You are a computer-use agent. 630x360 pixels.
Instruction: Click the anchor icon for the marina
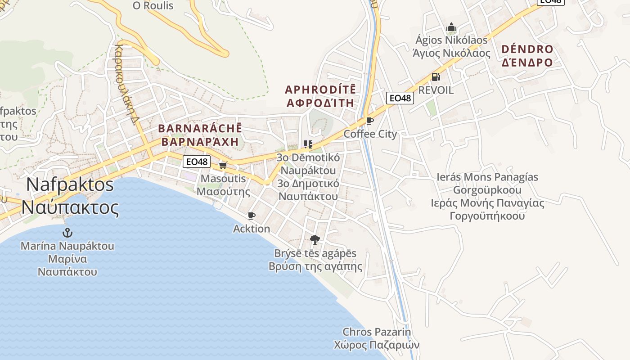67,233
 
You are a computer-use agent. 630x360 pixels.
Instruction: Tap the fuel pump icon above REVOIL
435,77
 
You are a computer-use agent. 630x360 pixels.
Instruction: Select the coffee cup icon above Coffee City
370,121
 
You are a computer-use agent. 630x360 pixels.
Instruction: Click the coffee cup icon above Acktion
252,216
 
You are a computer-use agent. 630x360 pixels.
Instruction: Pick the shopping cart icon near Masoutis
223,165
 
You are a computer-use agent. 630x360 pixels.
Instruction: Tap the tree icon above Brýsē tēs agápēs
315,239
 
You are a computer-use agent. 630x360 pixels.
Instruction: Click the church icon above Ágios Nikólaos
451,27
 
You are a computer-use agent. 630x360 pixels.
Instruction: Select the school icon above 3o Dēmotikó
308,144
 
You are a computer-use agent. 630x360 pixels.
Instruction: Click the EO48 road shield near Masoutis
197,162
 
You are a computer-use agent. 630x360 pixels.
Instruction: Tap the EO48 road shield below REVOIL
400,98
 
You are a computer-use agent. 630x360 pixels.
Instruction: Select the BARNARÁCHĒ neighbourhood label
200,129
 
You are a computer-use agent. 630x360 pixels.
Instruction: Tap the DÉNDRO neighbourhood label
527,49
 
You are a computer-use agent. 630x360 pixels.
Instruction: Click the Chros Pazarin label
377,332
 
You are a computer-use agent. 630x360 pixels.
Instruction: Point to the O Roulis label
153,6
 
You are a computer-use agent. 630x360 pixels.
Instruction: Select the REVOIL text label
436,90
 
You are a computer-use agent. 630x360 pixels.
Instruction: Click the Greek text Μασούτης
224,191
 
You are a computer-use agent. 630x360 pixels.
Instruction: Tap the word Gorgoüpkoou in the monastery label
487,190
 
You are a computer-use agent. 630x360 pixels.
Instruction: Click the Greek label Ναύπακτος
70,207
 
